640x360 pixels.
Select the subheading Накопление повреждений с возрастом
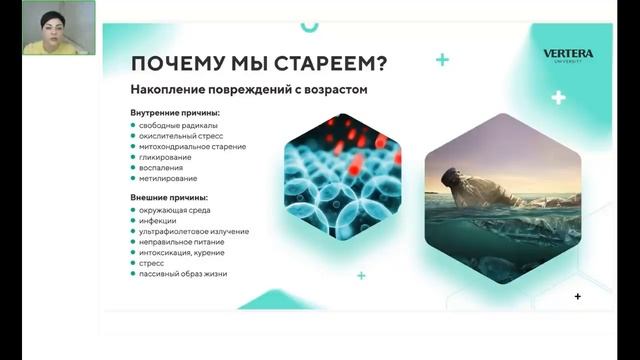coord(250,90)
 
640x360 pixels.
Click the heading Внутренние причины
coord(175,113)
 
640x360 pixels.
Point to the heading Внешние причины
coord(168,197)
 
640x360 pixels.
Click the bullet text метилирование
coord(168,179)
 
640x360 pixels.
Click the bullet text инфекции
coord(158,220)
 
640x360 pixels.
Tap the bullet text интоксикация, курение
coord(183,252)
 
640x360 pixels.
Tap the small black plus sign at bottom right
coord(578,296)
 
